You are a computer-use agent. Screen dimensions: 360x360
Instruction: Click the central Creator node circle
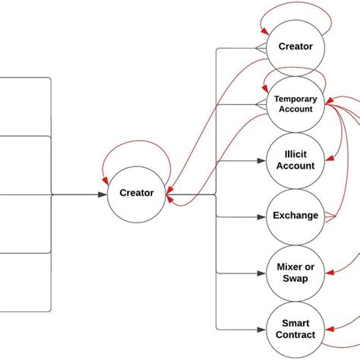point(137,194)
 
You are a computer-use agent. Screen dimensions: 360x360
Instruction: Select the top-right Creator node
point(295,47)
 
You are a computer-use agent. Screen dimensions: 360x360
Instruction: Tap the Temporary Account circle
point(295,104)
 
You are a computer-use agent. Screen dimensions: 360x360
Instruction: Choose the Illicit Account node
point(295,160)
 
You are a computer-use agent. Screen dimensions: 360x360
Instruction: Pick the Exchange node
point(295,216)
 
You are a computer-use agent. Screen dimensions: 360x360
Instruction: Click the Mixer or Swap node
point(295,272)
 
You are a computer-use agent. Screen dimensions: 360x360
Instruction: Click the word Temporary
point(295,99)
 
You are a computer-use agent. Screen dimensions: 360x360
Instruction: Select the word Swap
point(295,278)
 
